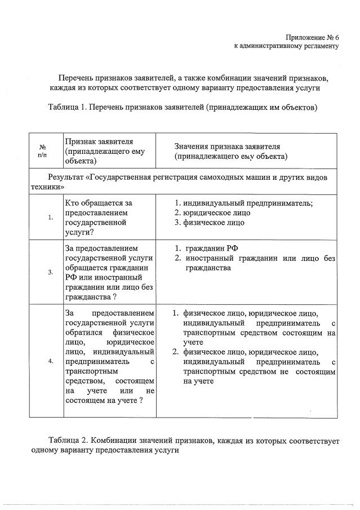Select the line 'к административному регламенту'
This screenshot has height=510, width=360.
(286, 46)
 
